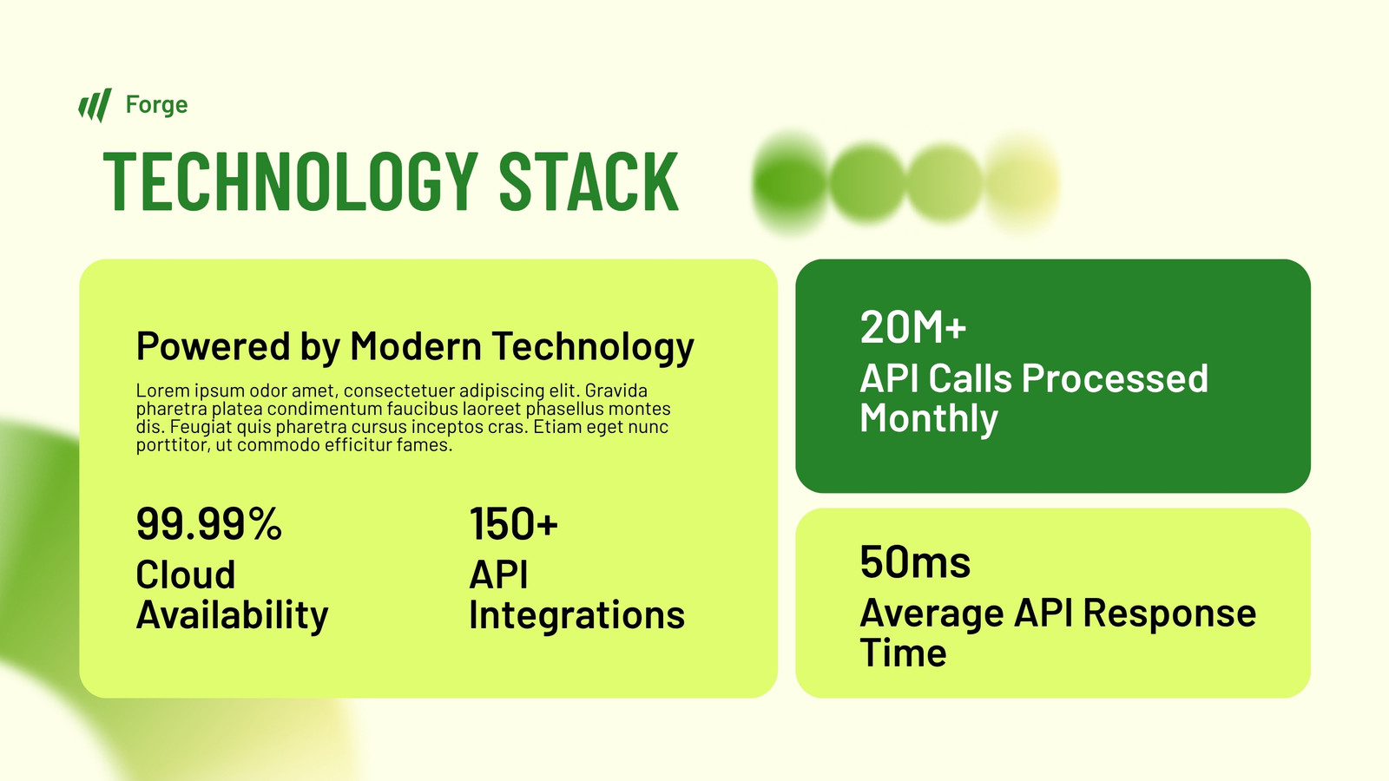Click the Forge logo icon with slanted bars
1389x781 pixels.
click(95, 105)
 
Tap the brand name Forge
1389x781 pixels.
click(156, 105)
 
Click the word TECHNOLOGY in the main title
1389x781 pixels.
click(291, 181)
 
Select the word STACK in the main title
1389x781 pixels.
click(589, 181)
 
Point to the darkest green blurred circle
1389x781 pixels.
click(790, 183)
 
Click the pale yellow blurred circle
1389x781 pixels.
click(1022, 183)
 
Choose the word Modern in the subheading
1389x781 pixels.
click(416, 345)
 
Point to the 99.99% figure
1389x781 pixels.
click(209, 524)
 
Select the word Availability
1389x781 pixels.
click(232, 615)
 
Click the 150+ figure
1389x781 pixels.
click(513, 524)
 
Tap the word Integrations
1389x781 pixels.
click(576, 615)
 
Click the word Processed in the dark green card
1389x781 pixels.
click(1115, 378)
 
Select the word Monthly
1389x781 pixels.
click(929, 418)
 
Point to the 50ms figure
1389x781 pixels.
click(915, 562)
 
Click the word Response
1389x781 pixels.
click(1169, 614)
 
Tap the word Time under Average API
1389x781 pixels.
click(903, 653)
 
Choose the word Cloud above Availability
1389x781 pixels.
click(186, 574)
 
